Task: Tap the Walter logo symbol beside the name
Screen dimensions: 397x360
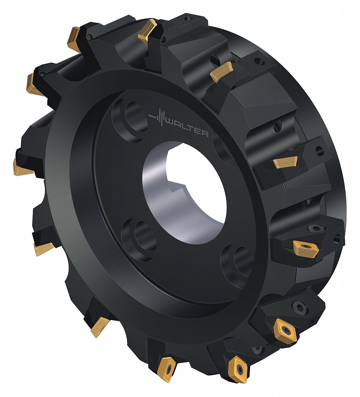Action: pos(158,118)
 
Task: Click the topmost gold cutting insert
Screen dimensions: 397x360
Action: pos(148,32)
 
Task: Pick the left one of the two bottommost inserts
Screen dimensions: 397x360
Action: pos(167,367)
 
